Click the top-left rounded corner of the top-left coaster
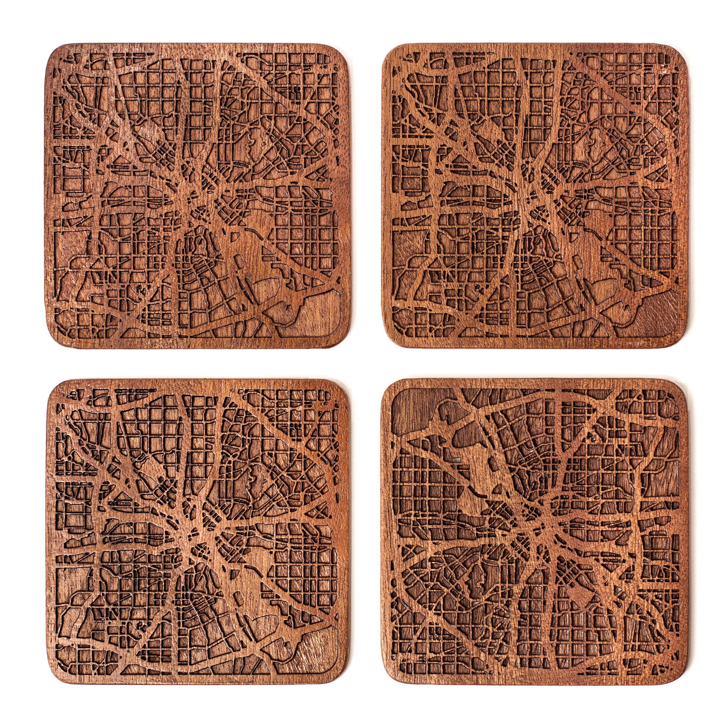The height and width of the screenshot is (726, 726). (x=55, y=53)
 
